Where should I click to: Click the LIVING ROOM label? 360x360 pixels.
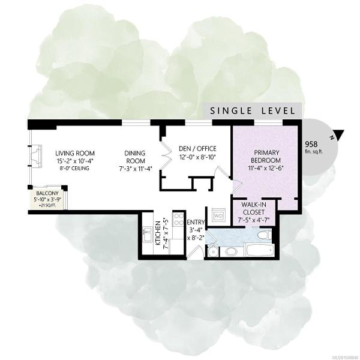point(75,153)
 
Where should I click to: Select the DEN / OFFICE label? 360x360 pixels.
point(197,149)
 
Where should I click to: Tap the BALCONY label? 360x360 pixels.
point(47,193)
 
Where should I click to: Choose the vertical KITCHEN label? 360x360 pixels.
point(158,233)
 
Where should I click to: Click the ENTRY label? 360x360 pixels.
point(196,222)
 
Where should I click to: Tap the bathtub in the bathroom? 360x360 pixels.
point(259,250)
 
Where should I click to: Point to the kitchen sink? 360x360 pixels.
point(147,234)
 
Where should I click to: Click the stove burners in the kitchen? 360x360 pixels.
point(178,219)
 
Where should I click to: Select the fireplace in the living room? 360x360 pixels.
point(35,156)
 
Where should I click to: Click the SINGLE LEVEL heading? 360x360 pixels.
point(253,111)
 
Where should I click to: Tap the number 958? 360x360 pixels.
point(311,144)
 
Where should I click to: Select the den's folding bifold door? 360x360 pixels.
point(166,154)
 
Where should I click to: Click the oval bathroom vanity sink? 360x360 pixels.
point(230,251)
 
